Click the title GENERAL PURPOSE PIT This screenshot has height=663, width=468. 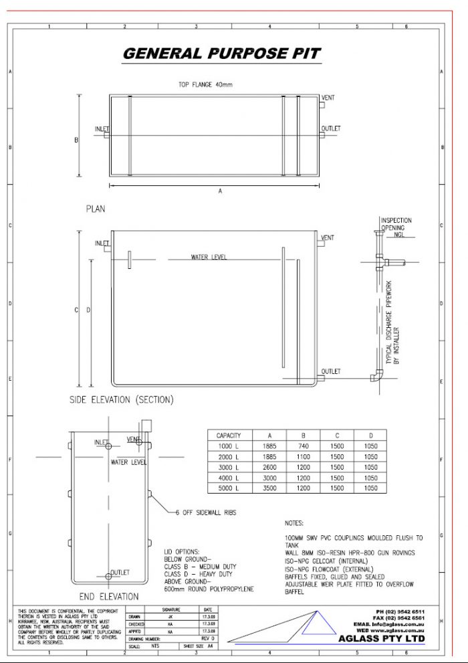point(221,54)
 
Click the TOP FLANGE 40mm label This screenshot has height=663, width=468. point(205,85)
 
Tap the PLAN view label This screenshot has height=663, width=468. point(96,209)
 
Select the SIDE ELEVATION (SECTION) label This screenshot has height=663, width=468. point(122,400)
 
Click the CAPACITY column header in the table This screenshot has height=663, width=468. point(229,436)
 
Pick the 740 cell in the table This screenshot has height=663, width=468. point(303,446)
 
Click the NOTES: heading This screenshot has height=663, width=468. point(294,523)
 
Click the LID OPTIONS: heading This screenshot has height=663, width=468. point(182,551)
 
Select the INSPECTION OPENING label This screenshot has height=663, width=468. point(396,224)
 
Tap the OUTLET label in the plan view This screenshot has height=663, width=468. point(330,128)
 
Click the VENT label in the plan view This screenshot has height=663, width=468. point(328,98)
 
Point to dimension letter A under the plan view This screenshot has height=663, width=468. point(220,191)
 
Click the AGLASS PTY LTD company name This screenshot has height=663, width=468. point(390,639)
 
